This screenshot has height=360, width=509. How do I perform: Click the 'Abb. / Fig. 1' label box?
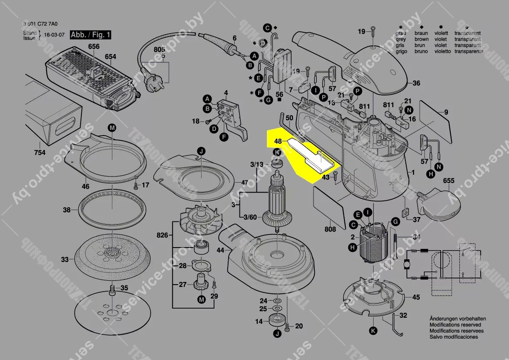tap(85, 35)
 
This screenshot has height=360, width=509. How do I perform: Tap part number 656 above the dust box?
tap(94, 47)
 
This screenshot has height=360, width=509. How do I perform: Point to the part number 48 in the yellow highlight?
tap(279, 142)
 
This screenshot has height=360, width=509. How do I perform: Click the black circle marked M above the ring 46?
tap(112, 128)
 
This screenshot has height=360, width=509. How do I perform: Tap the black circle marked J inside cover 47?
tap(201, 151)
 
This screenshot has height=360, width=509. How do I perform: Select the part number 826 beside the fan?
tap(162, 236)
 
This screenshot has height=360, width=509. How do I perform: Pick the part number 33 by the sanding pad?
tap(65, 260)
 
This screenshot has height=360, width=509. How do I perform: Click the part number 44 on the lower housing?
tap(220, 250)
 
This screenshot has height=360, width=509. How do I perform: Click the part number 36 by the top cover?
tap(416, 83)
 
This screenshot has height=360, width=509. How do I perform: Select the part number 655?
tap(448, 180)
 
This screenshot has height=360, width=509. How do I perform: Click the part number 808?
tap(330, 230)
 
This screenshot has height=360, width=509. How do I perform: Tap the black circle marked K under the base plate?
tap(373, 331)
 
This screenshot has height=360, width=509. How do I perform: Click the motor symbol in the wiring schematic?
tap(407, 264)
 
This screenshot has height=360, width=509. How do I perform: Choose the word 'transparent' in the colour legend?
tap(468, 33)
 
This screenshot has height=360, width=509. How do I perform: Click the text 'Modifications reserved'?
tap(455, 325)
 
